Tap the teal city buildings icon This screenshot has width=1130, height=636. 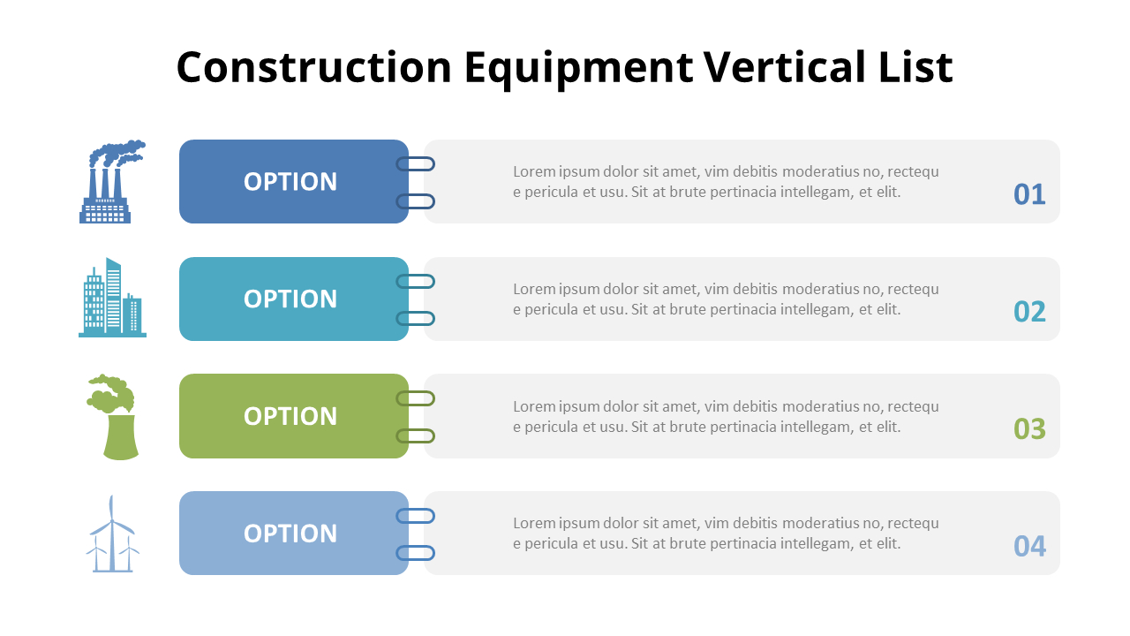[x=112, y=298]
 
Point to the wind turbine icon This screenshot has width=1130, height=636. [x=112, y=534]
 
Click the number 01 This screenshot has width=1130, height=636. [x=1029, y=194]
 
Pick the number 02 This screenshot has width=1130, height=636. [x=1029, y=312]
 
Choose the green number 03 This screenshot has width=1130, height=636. [x=1029, y=429]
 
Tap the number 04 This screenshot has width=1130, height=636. [x=1029, y=547]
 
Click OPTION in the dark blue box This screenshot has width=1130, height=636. [x=290, y=182]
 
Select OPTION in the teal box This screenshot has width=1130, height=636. [x=290, y=299]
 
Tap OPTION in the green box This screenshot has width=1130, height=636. [x=290, y=417]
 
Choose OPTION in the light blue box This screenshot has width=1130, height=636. [x=290, y=534]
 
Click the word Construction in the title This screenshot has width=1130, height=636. [x=314, y=68]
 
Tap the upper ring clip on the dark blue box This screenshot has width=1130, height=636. [x=415, y=163]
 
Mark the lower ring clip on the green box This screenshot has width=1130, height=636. [x=415, y=435]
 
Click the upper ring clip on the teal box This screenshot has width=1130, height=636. [x=415, y=281]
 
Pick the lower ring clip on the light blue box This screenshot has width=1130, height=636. [x=415, y=553]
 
